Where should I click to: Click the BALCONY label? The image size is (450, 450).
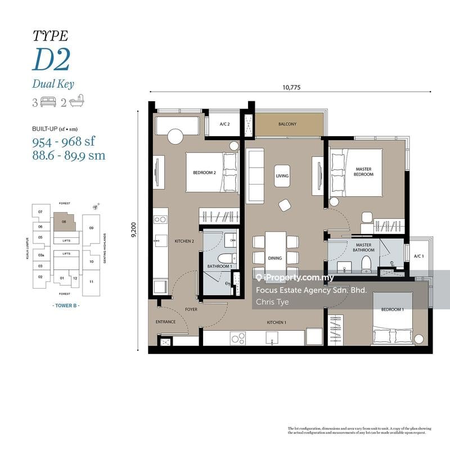tap(287, 124)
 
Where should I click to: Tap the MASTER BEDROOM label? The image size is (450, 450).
tap(364, 172)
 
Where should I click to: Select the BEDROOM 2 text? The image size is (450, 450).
tap(205, 173)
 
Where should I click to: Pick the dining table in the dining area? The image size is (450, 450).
tap(275, 250)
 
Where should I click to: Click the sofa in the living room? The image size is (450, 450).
tap(255, 176)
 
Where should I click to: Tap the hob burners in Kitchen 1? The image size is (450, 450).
tap(238, 338)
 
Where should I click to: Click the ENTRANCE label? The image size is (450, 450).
tap(165, 322)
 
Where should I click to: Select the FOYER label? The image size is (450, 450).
tap(191, 309)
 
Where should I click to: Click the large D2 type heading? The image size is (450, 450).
tap(51, 60)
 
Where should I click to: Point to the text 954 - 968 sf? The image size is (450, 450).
tap(65, 141)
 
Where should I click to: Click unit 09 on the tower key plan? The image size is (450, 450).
tap(91, 227)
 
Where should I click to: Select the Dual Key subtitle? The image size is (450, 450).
tap(53, 84)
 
